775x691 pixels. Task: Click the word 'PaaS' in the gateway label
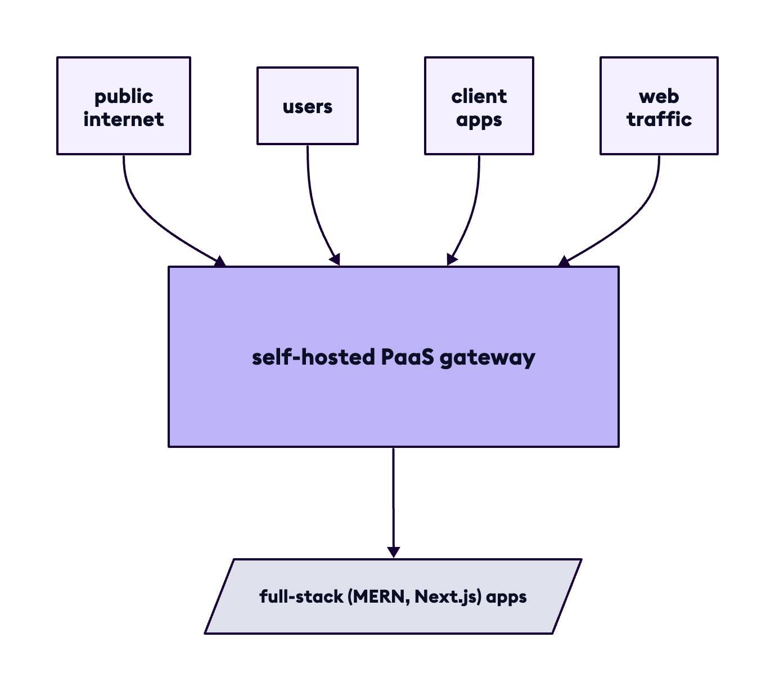(408, 357)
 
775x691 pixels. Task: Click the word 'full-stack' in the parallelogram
(301, 596)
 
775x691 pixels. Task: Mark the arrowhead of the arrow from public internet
(220, 261)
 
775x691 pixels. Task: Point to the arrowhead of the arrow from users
(336, 259)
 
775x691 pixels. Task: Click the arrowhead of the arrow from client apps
(451, 259)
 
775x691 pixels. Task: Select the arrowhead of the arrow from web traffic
(564, 261)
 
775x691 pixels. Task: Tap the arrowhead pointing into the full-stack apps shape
(394, 552)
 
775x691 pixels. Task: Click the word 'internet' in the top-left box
(124, 119)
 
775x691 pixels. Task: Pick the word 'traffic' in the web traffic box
(659, 119)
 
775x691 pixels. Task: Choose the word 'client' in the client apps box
(479, 96)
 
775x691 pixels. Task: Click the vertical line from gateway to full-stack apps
(393, 495)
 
